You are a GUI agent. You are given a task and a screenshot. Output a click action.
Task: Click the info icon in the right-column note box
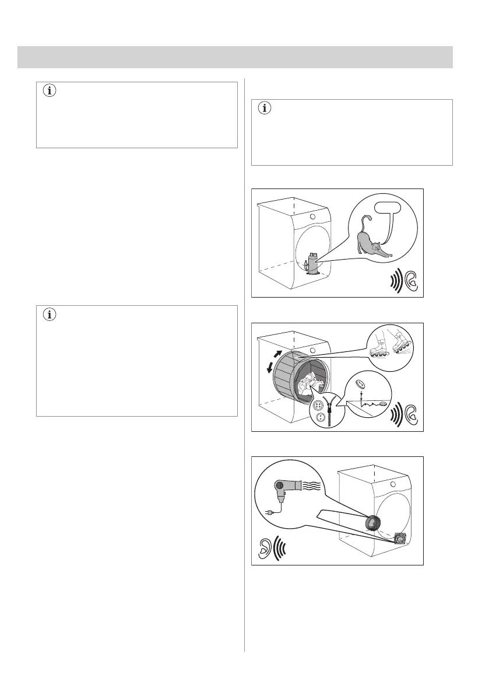[x=266, y=108]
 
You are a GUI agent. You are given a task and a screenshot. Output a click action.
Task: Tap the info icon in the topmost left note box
[x=49, y=91]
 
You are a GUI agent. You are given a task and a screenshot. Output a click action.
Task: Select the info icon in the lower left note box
[x=49, y=315]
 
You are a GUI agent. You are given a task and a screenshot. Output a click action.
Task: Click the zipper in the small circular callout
[x=336, y=411]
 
